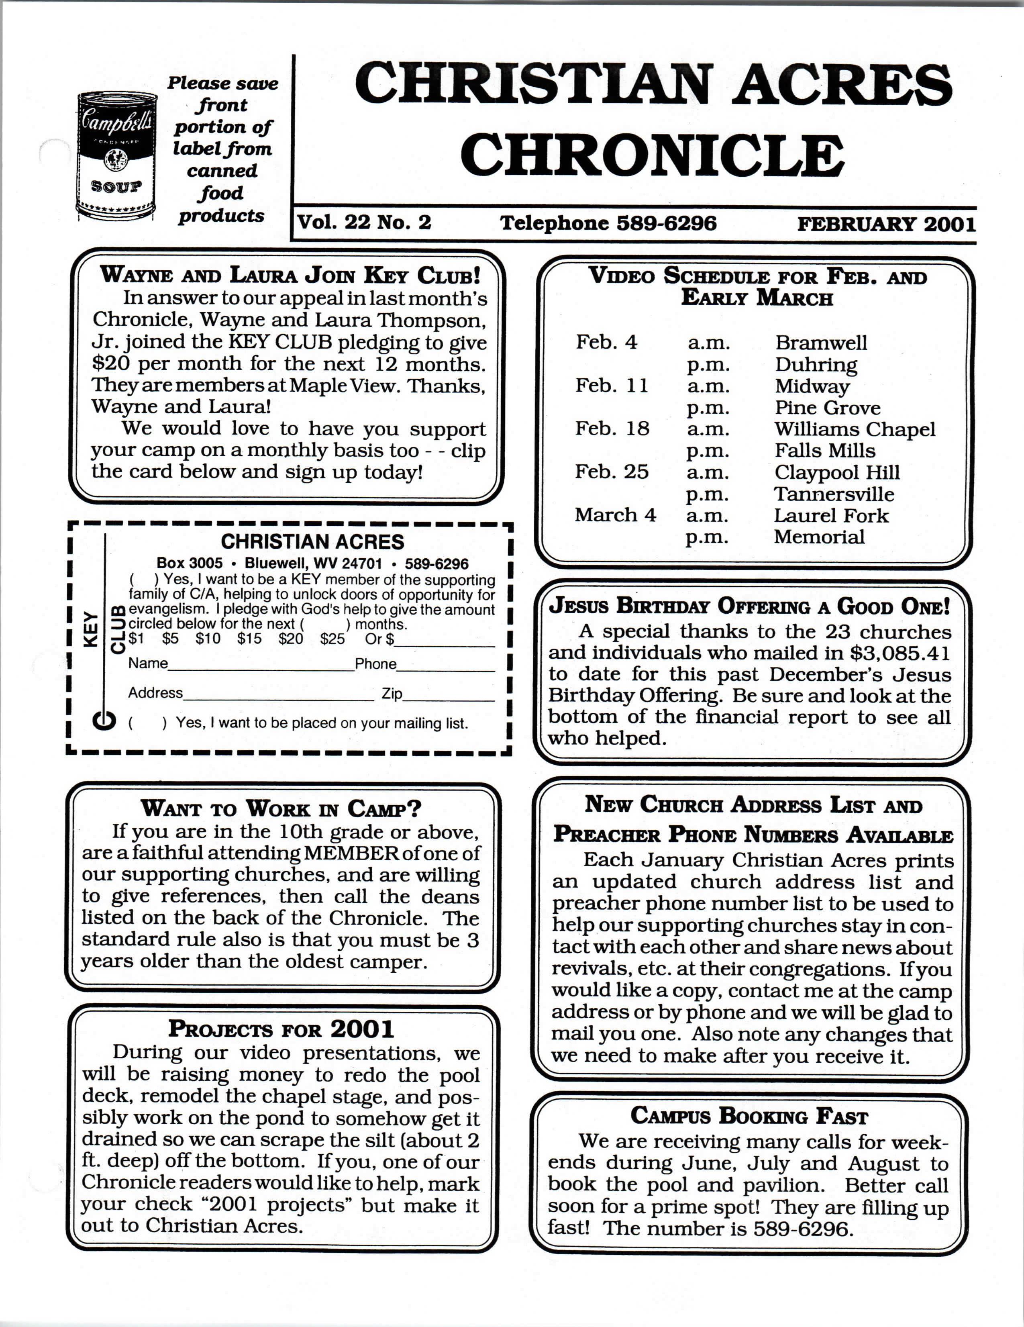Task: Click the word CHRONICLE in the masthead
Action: click(652, 155)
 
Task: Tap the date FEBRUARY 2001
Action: click(886, 224)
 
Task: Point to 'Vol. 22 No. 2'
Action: click(364, 223)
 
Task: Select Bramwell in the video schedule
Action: click(820, 343)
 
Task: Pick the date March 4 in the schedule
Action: click(615, 515)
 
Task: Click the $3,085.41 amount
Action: click(900, 653)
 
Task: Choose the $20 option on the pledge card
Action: click(290, 639)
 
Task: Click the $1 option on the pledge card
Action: click(136, 639)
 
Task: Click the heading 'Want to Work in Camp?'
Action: click(281, 809)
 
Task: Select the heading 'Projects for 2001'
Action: click(281, 1029)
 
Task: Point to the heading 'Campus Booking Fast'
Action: click(749, 1116)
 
